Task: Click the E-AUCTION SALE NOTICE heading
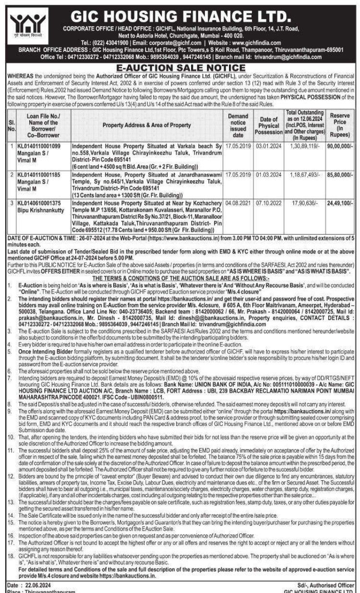click(180, 68)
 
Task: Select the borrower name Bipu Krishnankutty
click(40, 209)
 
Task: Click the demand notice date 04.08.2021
click(238, 203)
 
